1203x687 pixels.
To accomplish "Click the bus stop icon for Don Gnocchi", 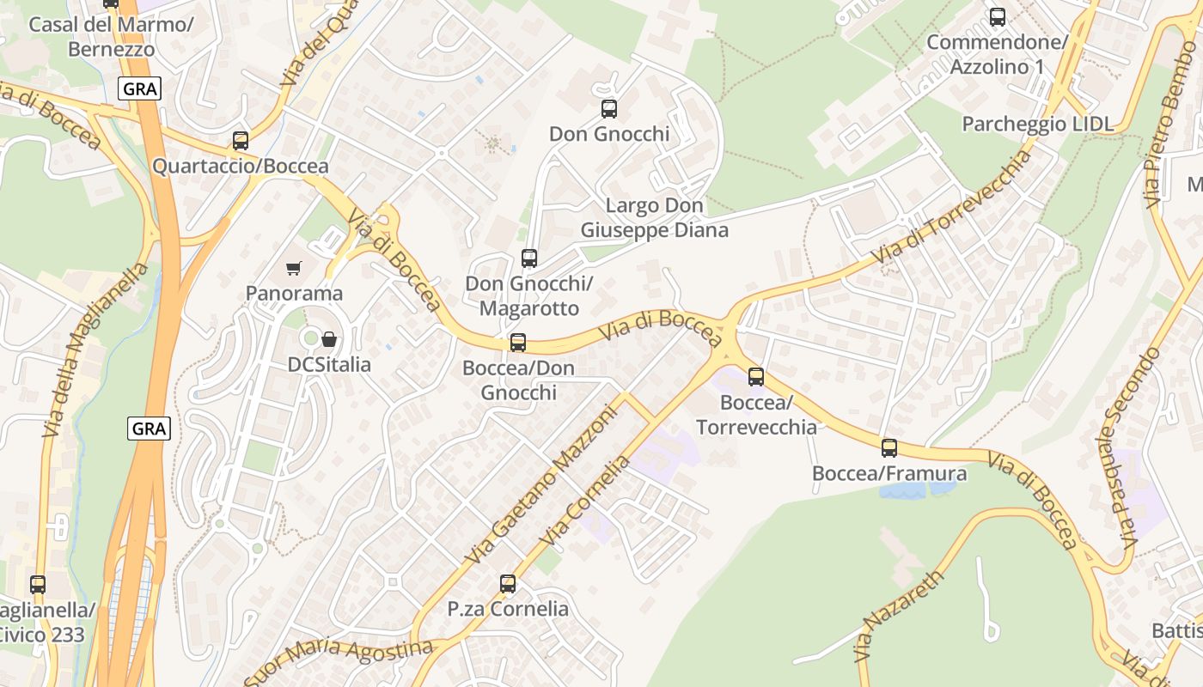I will [x=609, y=109].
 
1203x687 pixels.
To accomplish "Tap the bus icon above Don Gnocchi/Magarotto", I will [x=529, y=258].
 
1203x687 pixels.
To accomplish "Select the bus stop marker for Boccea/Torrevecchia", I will [x=756, y=377].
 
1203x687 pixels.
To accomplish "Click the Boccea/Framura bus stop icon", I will [x=889, y=448].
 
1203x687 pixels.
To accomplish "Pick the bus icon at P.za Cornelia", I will [x=508, y=585].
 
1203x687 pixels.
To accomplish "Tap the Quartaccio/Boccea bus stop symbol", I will [x=241, y=141].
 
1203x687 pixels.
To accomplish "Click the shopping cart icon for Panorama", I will [x=294, y=269].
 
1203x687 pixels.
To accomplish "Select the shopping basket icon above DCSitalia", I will [x=328, y=340].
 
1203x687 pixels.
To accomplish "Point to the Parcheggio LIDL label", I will [x=1037, y=124].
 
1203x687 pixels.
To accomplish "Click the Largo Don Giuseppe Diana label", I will [x=655, y=218].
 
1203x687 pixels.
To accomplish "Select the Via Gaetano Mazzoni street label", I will [x=541, y=485].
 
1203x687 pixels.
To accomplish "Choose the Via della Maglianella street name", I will [x=96, y=350].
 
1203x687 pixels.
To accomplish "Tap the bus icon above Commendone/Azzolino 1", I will [x=998, y=17].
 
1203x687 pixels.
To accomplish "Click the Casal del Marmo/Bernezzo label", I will [x=111, y=36].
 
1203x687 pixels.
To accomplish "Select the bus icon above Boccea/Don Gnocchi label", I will [x=518, y=343].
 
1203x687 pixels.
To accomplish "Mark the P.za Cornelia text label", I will [x=508, y=609].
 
